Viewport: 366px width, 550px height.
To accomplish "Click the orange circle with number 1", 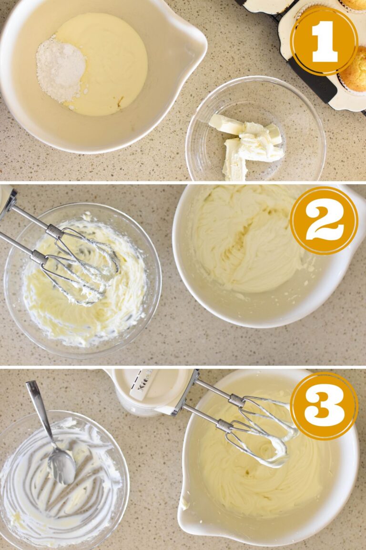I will click(x=324, y=41).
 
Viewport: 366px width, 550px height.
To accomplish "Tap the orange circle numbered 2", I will click(x=324, y=220).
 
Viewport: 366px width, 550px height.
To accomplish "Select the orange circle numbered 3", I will click(x=324, y=405).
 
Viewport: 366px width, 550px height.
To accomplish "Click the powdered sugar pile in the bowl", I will click(x=60, y=70).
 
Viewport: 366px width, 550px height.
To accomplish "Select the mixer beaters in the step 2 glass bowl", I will click(x=83, y=267).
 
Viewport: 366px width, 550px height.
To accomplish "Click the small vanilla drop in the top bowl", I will click(x=120, y=101).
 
